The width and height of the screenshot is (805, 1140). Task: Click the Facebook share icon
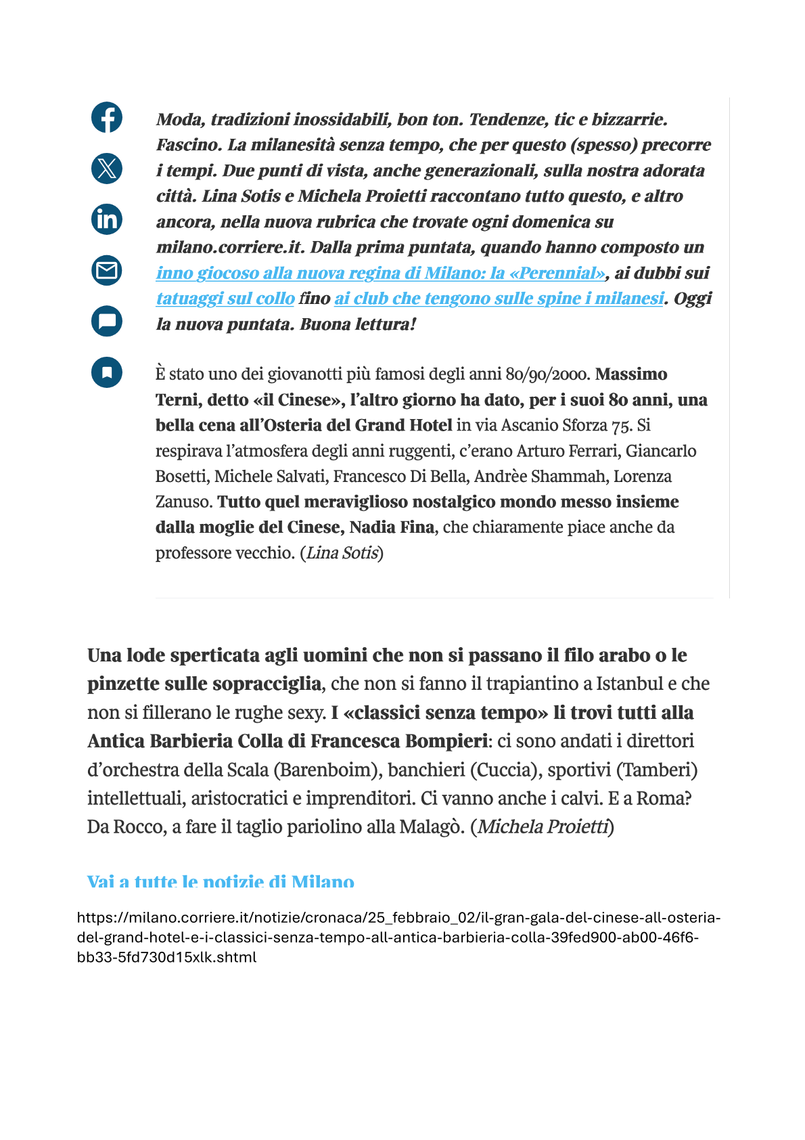coord(107,117)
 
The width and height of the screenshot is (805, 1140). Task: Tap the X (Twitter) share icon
coord(107,168)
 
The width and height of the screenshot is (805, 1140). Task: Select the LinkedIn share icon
coord(107,219)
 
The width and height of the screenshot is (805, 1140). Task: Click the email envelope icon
coord(107,270)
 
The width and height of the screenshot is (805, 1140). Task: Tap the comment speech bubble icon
coord(107,321)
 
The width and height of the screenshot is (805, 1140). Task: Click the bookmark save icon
coord(107,372)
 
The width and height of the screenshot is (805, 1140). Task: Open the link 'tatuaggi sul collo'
coord(225,299)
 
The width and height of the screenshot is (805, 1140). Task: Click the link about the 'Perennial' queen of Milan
coord(381,273)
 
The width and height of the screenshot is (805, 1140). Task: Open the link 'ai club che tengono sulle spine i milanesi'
coord(499,299)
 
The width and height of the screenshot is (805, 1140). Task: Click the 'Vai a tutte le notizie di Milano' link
coord(221,881)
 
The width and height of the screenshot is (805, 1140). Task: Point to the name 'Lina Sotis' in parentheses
coord(342,553)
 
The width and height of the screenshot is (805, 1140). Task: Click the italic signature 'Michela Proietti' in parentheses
coord(543,827)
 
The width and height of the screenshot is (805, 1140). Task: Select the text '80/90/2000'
coord(548,374)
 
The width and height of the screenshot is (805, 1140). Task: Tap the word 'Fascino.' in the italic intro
coord(189,145)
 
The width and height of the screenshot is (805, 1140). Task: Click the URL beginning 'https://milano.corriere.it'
coord(398,937)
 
